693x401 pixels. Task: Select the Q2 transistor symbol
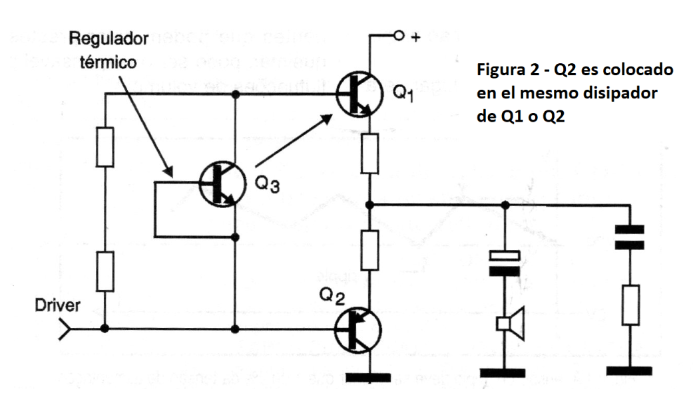359,329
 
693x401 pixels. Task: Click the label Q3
264,186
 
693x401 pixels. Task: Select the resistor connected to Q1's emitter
369,153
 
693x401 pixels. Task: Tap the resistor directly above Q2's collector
369,249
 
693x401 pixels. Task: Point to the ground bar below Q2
369,377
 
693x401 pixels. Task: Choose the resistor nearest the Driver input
105,273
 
